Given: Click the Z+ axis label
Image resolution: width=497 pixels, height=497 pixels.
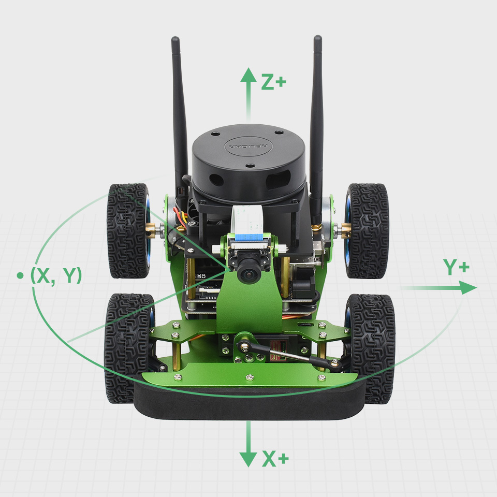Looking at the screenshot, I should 273,82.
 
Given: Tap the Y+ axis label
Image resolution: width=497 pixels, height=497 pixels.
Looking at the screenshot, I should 457,267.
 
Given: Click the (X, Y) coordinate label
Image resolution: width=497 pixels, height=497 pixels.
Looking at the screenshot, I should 56,275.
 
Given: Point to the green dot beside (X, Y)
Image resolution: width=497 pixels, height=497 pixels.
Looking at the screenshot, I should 20,275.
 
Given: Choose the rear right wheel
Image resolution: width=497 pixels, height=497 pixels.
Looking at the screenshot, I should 368,230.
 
